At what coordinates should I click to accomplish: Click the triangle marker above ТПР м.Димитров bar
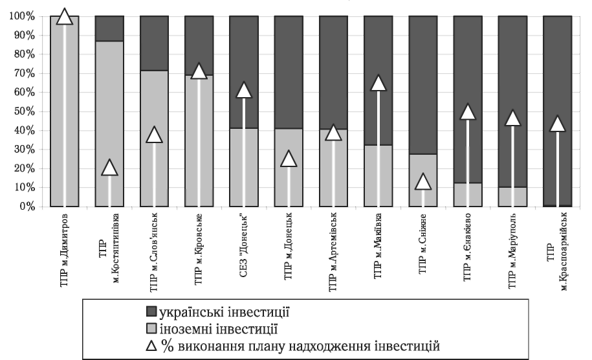pyautogui.click(x=64, y=16)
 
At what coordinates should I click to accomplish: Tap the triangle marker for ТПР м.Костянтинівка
pyautogui.click(x=109, y=168)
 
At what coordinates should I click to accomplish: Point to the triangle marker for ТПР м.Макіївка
pyautogui.click(x=378, y=84)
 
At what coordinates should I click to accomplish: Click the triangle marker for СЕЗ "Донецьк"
pyautogui.click(x=243, y=90)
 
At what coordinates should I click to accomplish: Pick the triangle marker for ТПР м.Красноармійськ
pyautogui.click(x=557, y=124)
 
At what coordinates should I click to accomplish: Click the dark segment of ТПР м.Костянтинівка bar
pyautogui.click(x=109, y=28)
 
